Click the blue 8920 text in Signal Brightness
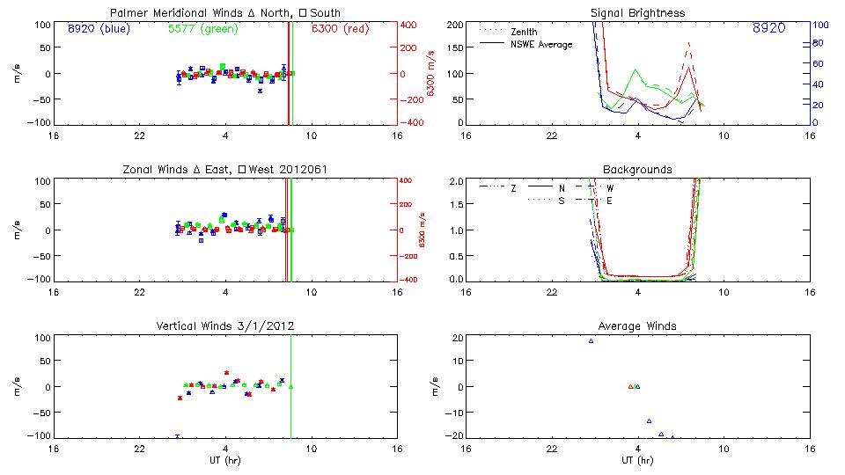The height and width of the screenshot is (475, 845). [769, 28]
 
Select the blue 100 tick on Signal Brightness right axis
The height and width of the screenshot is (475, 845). [819, 25]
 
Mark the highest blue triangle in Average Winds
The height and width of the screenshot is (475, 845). [591, 340]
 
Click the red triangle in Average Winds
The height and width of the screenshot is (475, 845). [630, 386]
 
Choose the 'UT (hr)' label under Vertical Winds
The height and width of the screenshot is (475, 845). [225, 460]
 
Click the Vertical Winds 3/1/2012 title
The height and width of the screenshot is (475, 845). [225, 326]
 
